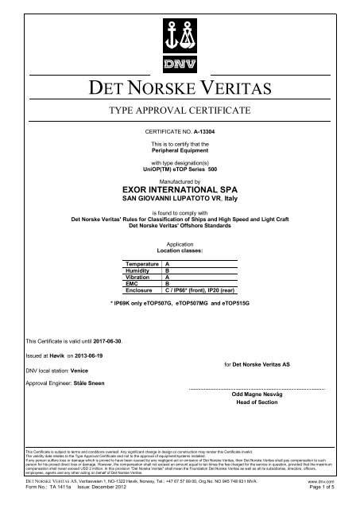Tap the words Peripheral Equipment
click(180, 149)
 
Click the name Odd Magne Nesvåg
click(257, 394)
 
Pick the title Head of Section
click(257, 404)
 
